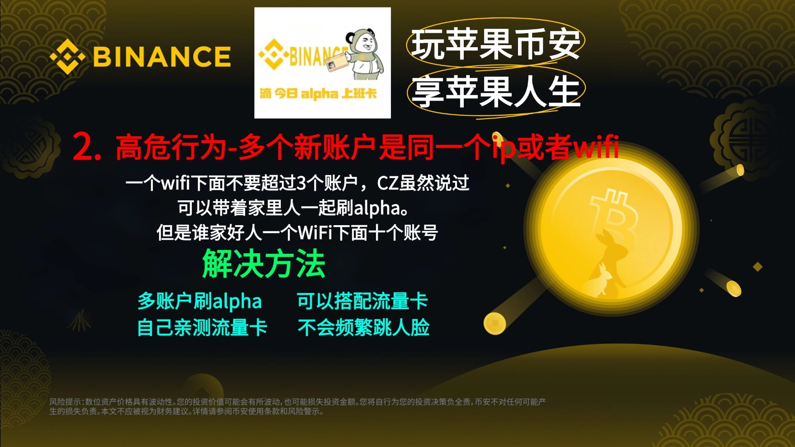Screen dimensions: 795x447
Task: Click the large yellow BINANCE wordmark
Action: coord(162,57)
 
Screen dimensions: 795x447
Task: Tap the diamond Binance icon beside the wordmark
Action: coord(67,57)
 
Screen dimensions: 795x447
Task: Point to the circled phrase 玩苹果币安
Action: coord(496,44)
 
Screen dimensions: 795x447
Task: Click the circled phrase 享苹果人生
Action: coord(496,92)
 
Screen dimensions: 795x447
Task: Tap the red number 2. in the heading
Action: coord(87,147)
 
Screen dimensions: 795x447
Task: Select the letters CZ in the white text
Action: coord(388,183)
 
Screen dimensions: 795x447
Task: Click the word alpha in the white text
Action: coord(376,208)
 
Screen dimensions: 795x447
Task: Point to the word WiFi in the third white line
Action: coord(315,233)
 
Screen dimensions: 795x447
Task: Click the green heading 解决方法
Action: coord(264,264)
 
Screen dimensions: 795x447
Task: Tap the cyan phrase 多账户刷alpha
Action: coord(200,301)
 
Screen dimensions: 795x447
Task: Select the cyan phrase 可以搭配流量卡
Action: coord(362,301)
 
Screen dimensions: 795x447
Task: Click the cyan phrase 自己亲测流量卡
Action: coord(202,327)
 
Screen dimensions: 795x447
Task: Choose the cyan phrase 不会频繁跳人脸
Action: coord(363,327)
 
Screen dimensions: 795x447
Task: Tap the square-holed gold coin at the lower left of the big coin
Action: coord(495,323)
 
